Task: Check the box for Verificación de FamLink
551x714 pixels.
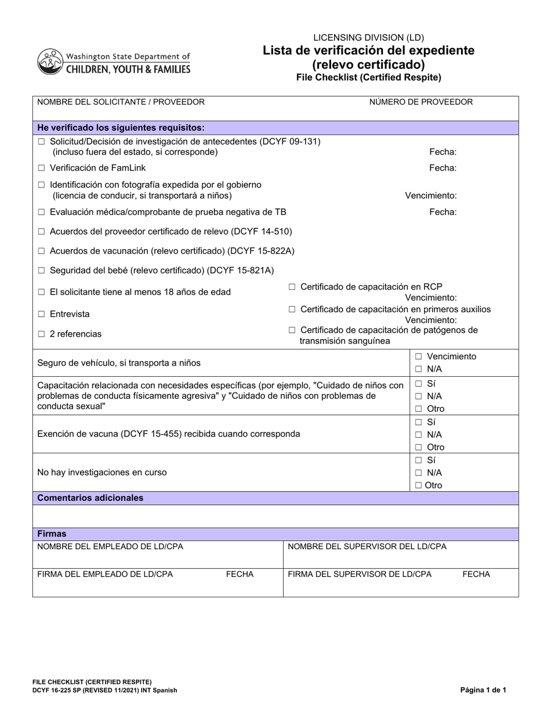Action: click(x=41, y=168)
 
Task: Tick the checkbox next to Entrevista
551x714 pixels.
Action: click(x=41, y=314)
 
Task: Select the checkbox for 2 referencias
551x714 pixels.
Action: click(x=41, y=334)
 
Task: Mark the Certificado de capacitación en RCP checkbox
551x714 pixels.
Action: click(x=292, y=287)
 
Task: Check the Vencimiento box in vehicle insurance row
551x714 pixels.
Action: click(x=418, y=357)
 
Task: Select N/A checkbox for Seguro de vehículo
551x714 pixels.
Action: click(x=418, y=369)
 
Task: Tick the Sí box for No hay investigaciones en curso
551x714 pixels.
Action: click(x=418, y=460)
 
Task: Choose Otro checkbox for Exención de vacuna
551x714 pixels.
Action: click(x=418, y=448)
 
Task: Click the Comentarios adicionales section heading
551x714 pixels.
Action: click(x=90, y=498)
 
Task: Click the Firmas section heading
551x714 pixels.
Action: click(x=52, y=534)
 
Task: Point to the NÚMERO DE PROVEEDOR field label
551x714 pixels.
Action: click(x=420, y=102)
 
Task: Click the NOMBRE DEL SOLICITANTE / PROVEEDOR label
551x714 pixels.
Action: click(x=121, y=102)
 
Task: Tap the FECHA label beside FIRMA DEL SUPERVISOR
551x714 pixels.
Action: click(x=476, y=575)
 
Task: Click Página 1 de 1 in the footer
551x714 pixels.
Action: click(x=483, y=690)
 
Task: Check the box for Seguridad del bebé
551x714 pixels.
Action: click(x=41, y=271)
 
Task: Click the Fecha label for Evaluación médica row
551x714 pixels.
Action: click(x=443, y=212)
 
